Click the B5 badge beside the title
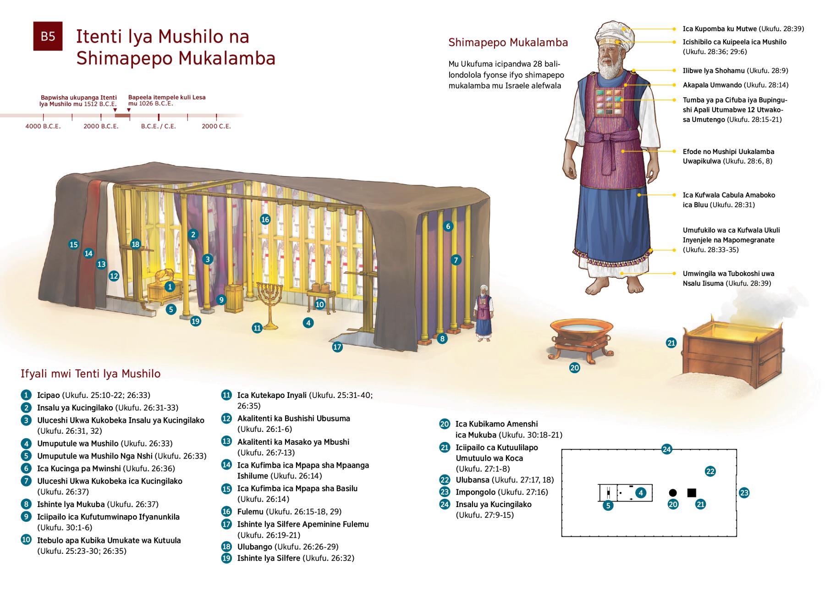click(x=48, y=36)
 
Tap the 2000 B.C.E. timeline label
click(x=101, y=126)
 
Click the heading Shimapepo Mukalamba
click(x=508, y=43)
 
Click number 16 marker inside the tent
click(x=265, y=219)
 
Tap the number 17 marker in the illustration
click(x=337, y=347)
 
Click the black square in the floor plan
click(x=692, y=493)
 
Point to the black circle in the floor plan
click(x=673, y=493)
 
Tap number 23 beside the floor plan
click(x=744, y=493)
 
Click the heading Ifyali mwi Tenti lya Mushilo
click(x=91, y=374)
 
